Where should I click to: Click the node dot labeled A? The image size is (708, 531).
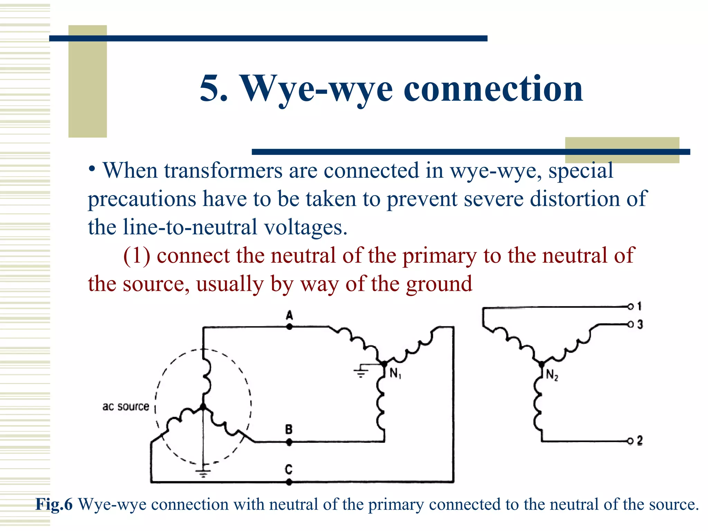[x=289, y=326]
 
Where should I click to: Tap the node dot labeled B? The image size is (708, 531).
[x=289, y=442]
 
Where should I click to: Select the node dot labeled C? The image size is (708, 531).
[x=289, y=482]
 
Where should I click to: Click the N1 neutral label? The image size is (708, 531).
[x=395, y=373]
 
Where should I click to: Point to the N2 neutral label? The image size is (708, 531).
[x=552, y=375]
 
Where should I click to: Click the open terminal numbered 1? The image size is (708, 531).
[x=631, y=307]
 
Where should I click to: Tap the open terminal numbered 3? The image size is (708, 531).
[x=631, y=324]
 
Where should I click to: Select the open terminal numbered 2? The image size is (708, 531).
[x=631, y=441]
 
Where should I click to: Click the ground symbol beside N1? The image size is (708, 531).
[x=361, y=372]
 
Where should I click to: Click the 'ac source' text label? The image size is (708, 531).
[x=125, y=407]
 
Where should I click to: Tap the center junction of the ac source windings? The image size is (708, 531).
[x=203, y=407]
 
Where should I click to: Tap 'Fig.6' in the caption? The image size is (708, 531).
[x=54, y=504]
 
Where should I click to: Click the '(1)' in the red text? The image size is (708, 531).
[x=137, y=256]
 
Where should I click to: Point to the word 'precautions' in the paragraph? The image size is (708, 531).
[x=142, y=199]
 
